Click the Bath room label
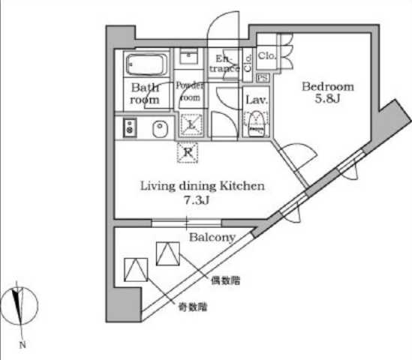tap(145, 92)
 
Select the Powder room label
tap(189, 91)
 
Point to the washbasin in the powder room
tap(189, 56)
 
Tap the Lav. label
tap(255, 99)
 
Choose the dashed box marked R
tap(188, 152)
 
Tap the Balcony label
tap(212, 237)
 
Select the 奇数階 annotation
tap(193, 306)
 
